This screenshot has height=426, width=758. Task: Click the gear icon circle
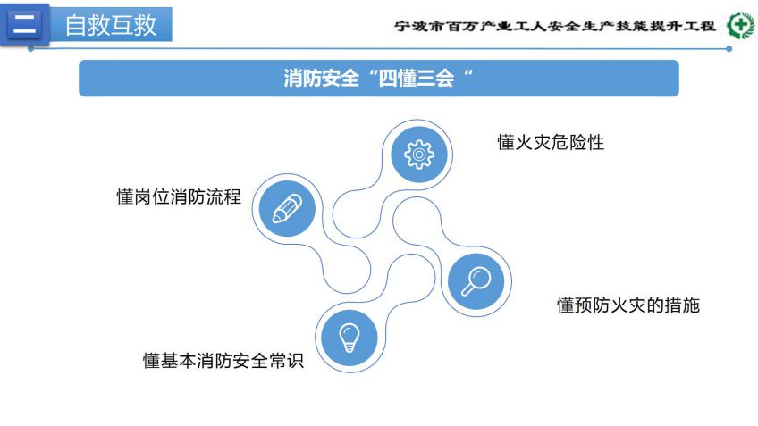click(419, 155)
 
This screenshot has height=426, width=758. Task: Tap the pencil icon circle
click(287, 209)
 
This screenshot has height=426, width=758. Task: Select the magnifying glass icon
click(476, 281)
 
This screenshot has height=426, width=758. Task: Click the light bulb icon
click(350, 338)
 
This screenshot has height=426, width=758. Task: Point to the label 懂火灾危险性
click(552, 143)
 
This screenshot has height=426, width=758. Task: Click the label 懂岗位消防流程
click(179, 196)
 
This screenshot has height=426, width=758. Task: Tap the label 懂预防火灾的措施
click(628, 305)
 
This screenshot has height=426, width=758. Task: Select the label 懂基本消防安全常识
click(223, 361)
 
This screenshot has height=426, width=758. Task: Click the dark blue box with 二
click(25, 24)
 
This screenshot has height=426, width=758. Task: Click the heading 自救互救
click(111, 25)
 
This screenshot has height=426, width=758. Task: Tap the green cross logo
click(740, 25)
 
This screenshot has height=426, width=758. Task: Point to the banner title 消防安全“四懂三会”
click(378, 78)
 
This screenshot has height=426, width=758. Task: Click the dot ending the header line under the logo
click(729, 49)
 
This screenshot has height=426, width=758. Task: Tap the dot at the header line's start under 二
click(31, 49)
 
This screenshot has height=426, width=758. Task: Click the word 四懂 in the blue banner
click(398, 78)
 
